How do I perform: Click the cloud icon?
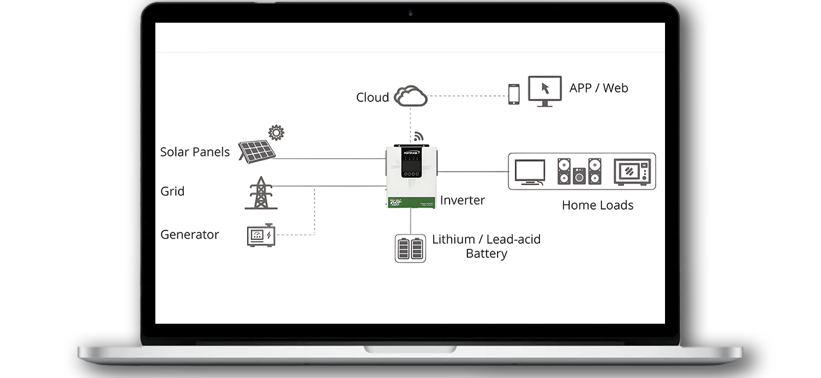click(410, 96)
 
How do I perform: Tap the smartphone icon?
click(513, 94)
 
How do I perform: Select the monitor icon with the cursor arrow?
click(544, 91)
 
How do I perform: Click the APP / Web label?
click(598, 88)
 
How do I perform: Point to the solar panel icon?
click(256, 151)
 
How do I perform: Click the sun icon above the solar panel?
click(276, 133)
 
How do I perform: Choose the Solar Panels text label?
click(195, 152)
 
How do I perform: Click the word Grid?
click(172, 191)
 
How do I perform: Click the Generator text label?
click(189, 235)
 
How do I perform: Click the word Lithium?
click(453, 240)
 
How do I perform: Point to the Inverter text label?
click(462, 201)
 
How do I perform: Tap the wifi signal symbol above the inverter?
click(417, 136)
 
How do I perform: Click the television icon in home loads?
click(529, 172)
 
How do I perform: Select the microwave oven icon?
click(632, 171)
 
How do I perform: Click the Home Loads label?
click(597, 205)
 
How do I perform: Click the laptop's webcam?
click(410, 13)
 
